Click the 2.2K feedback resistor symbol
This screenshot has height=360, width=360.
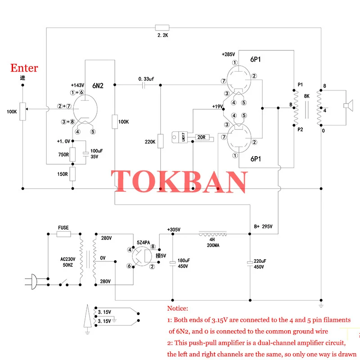[162, 28]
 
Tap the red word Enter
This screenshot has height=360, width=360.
[24, 68]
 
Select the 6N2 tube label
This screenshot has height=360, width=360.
[98, 86]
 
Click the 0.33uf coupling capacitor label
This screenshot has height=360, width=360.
[146, 79]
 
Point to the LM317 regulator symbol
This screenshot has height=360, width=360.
[180, 137]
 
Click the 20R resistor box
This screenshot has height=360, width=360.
[202, 137]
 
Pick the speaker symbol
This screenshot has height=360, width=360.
[348, 106]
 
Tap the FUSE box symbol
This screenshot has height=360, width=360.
[63, 234]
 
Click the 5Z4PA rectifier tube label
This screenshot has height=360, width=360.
[143, 243]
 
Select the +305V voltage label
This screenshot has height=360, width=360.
[174, 229]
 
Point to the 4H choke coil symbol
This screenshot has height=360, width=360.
[212, 234]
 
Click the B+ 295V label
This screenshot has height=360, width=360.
[263, 226]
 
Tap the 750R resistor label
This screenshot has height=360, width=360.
[63, 154]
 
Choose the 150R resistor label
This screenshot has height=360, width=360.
[63, 174]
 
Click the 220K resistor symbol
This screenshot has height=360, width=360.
[161, 141]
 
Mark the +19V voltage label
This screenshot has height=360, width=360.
[217, 107]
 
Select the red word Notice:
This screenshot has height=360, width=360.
[177, 308]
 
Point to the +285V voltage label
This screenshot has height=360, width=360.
[228, 54]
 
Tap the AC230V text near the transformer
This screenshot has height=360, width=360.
[68, 259]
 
